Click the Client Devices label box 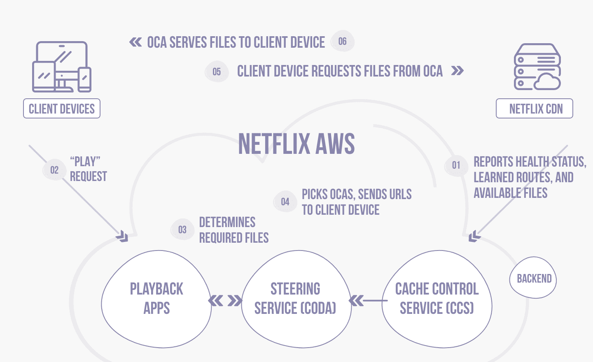62,109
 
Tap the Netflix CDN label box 535,109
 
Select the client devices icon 62,67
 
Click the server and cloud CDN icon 537,67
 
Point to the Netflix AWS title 296,144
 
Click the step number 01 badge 456,165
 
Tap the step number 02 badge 54,170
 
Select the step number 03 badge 182,230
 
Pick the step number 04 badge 285,202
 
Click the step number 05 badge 217,72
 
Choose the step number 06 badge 343,41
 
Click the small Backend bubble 534,278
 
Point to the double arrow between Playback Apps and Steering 225,301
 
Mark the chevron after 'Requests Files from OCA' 458,71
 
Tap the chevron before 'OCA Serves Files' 135,42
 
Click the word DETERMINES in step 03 227,223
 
